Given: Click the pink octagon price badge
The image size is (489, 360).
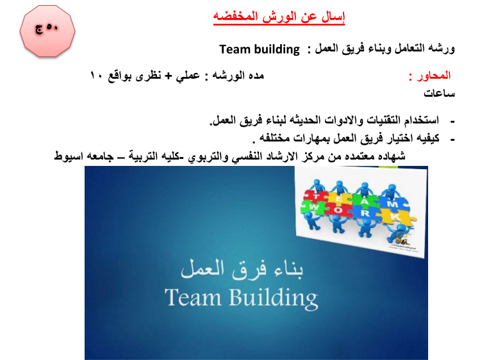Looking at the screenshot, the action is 47,31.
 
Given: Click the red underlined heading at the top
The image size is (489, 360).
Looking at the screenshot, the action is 279,17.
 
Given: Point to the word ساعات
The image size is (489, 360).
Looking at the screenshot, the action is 439,93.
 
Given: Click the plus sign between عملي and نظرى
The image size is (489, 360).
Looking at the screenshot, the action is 169,76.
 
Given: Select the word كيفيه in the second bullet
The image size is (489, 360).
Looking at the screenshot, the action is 427,138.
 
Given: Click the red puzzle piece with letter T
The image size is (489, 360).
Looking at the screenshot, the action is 315,196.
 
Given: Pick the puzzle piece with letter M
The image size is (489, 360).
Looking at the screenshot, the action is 393,204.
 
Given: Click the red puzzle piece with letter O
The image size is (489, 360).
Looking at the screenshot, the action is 338,210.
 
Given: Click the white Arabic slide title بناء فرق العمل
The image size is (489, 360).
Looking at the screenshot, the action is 242,268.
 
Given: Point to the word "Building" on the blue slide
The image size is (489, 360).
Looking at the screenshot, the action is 274,299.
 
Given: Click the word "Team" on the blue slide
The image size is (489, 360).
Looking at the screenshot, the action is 193,297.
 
